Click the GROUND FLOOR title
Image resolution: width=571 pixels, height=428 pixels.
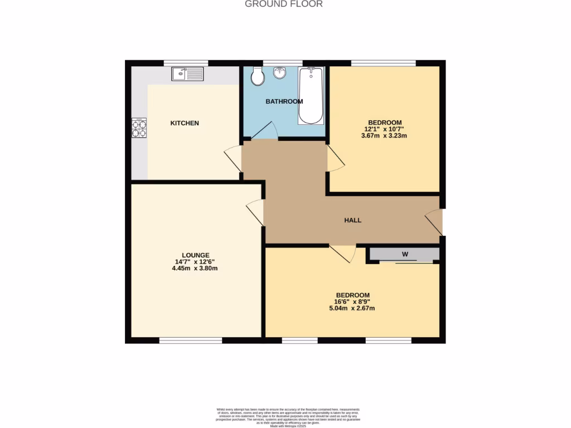284,4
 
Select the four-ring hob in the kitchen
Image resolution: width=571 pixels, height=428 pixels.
139,128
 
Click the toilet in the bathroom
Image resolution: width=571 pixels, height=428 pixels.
257,76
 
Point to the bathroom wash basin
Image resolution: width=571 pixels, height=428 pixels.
280,72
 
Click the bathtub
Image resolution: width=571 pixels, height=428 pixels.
311,95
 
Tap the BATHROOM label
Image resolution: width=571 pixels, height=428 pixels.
284,101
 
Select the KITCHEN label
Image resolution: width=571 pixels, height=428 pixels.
185,123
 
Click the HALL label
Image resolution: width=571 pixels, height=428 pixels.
352,220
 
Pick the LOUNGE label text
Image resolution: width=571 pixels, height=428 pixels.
196,255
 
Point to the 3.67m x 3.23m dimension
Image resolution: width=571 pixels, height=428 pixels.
384,135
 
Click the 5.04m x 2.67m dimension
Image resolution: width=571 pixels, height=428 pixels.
352,308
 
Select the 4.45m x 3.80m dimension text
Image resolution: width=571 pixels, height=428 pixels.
195,268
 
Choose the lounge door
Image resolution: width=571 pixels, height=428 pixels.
255,212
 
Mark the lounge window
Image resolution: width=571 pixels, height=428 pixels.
191,340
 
